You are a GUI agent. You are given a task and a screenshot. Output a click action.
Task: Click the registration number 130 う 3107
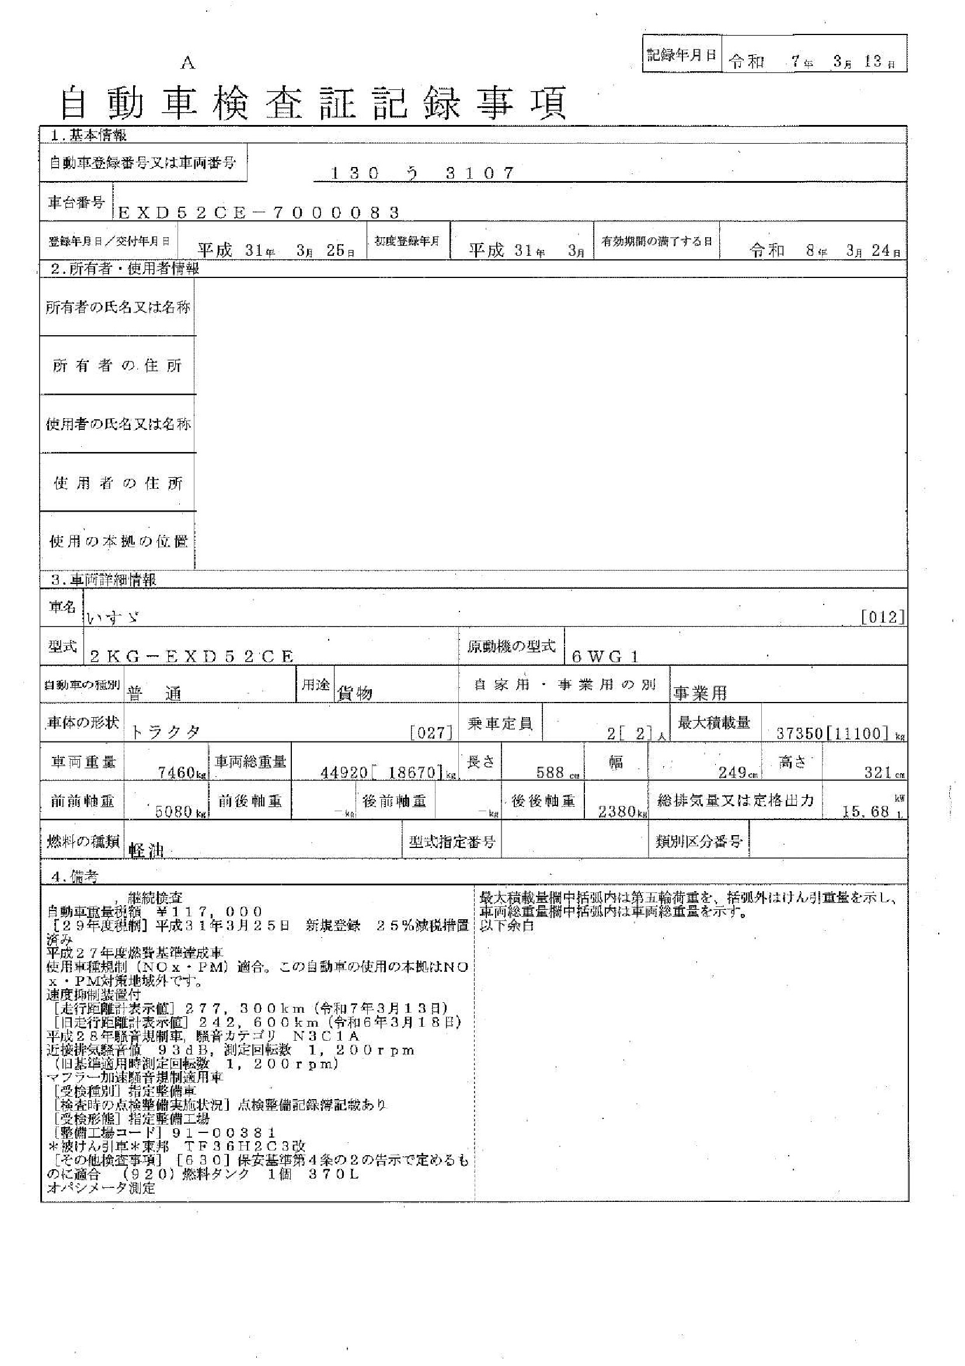pos(421,173)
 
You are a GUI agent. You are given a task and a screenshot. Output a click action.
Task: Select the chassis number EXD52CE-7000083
pos(259,213)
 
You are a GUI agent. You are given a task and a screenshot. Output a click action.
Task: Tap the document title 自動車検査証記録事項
pos(313,103)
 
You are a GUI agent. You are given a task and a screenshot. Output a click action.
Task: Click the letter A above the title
pos(188,64)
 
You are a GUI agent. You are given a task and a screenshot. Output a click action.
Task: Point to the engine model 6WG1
pos(605,657)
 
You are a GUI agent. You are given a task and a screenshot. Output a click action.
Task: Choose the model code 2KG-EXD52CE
pos(191,657)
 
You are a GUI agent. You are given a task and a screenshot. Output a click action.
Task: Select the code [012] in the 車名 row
pos(882,617)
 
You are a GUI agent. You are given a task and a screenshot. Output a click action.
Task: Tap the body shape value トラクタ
pos(165,732)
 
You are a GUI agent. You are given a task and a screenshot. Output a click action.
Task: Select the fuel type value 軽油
pos(147,851)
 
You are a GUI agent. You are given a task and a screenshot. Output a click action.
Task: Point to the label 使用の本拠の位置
pos(118,541)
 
